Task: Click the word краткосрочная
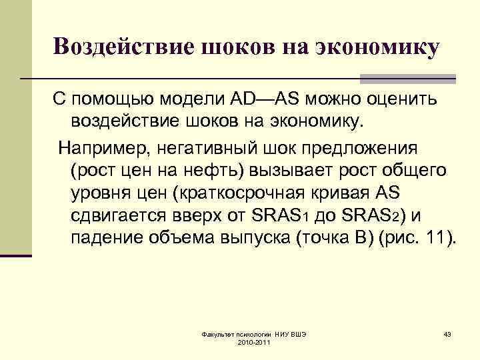tap(267, 193)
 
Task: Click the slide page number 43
tap(447, 333)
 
